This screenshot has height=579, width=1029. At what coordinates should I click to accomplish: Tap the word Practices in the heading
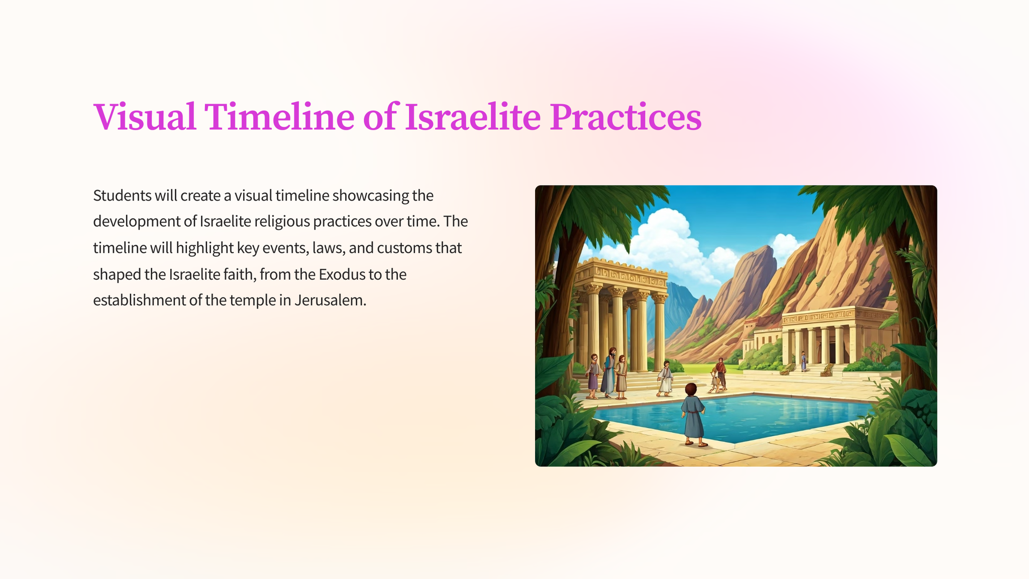tap(625, 117)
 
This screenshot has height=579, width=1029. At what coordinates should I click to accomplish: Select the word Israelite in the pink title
tap(473, 117)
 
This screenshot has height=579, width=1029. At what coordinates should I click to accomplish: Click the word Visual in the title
tap(145, 117)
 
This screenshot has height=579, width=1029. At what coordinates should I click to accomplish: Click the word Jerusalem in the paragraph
tap(330, 301)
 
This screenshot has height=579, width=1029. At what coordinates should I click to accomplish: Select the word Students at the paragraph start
tap(122, 196)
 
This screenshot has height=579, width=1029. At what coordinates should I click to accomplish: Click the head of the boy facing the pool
tap(691, 390)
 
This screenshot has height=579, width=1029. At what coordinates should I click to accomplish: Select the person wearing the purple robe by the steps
tap(593, 376)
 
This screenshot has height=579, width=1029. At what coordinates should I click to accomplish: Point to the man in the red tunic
tap(721, 373)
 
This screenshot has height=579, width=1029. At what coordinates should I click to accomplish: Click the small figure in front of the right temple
tap(803, 361)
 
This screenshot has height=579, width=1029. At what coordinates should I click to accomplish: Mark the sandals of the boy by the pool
tap(696, 443)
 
